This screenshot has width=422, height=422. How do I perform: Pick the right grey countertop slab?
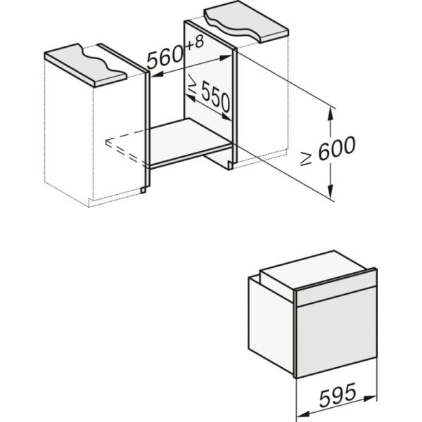(245, 23)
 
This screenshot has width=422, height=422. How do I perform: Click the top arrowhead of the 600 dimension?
(331, 106)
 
